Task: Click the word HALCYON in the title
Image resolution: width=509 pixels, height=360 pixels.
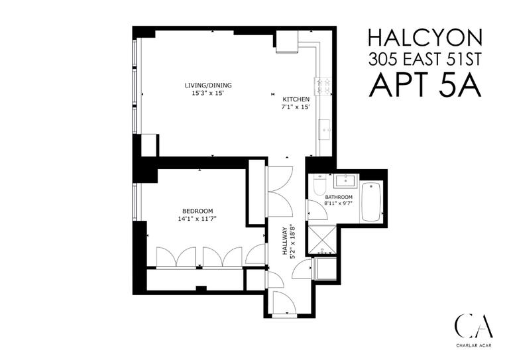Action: coord(425,36)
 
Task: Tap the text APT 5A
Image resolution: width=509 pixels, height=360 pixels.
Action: coord(425,84)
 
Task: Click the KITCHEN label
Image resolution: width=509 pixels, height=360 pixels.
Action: coord(296,99)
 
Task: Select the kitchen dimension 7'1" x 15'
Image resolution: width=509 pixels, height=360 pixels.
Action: coord(296,107)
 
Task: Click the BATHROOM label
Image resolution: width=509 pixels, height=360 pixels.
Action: coord(338,198)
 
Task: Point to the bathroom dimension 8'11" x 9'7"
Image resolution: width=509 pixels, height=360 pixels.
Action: coord(338,205)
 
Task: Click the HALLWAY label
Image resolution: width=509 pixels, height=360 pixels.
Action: coord(284,243)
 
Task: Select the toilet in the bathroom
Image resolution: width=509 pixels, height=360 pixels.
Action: coord(319,184)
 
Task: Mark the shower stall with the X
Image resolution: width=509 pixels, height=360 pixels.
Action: coord(323,238)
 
